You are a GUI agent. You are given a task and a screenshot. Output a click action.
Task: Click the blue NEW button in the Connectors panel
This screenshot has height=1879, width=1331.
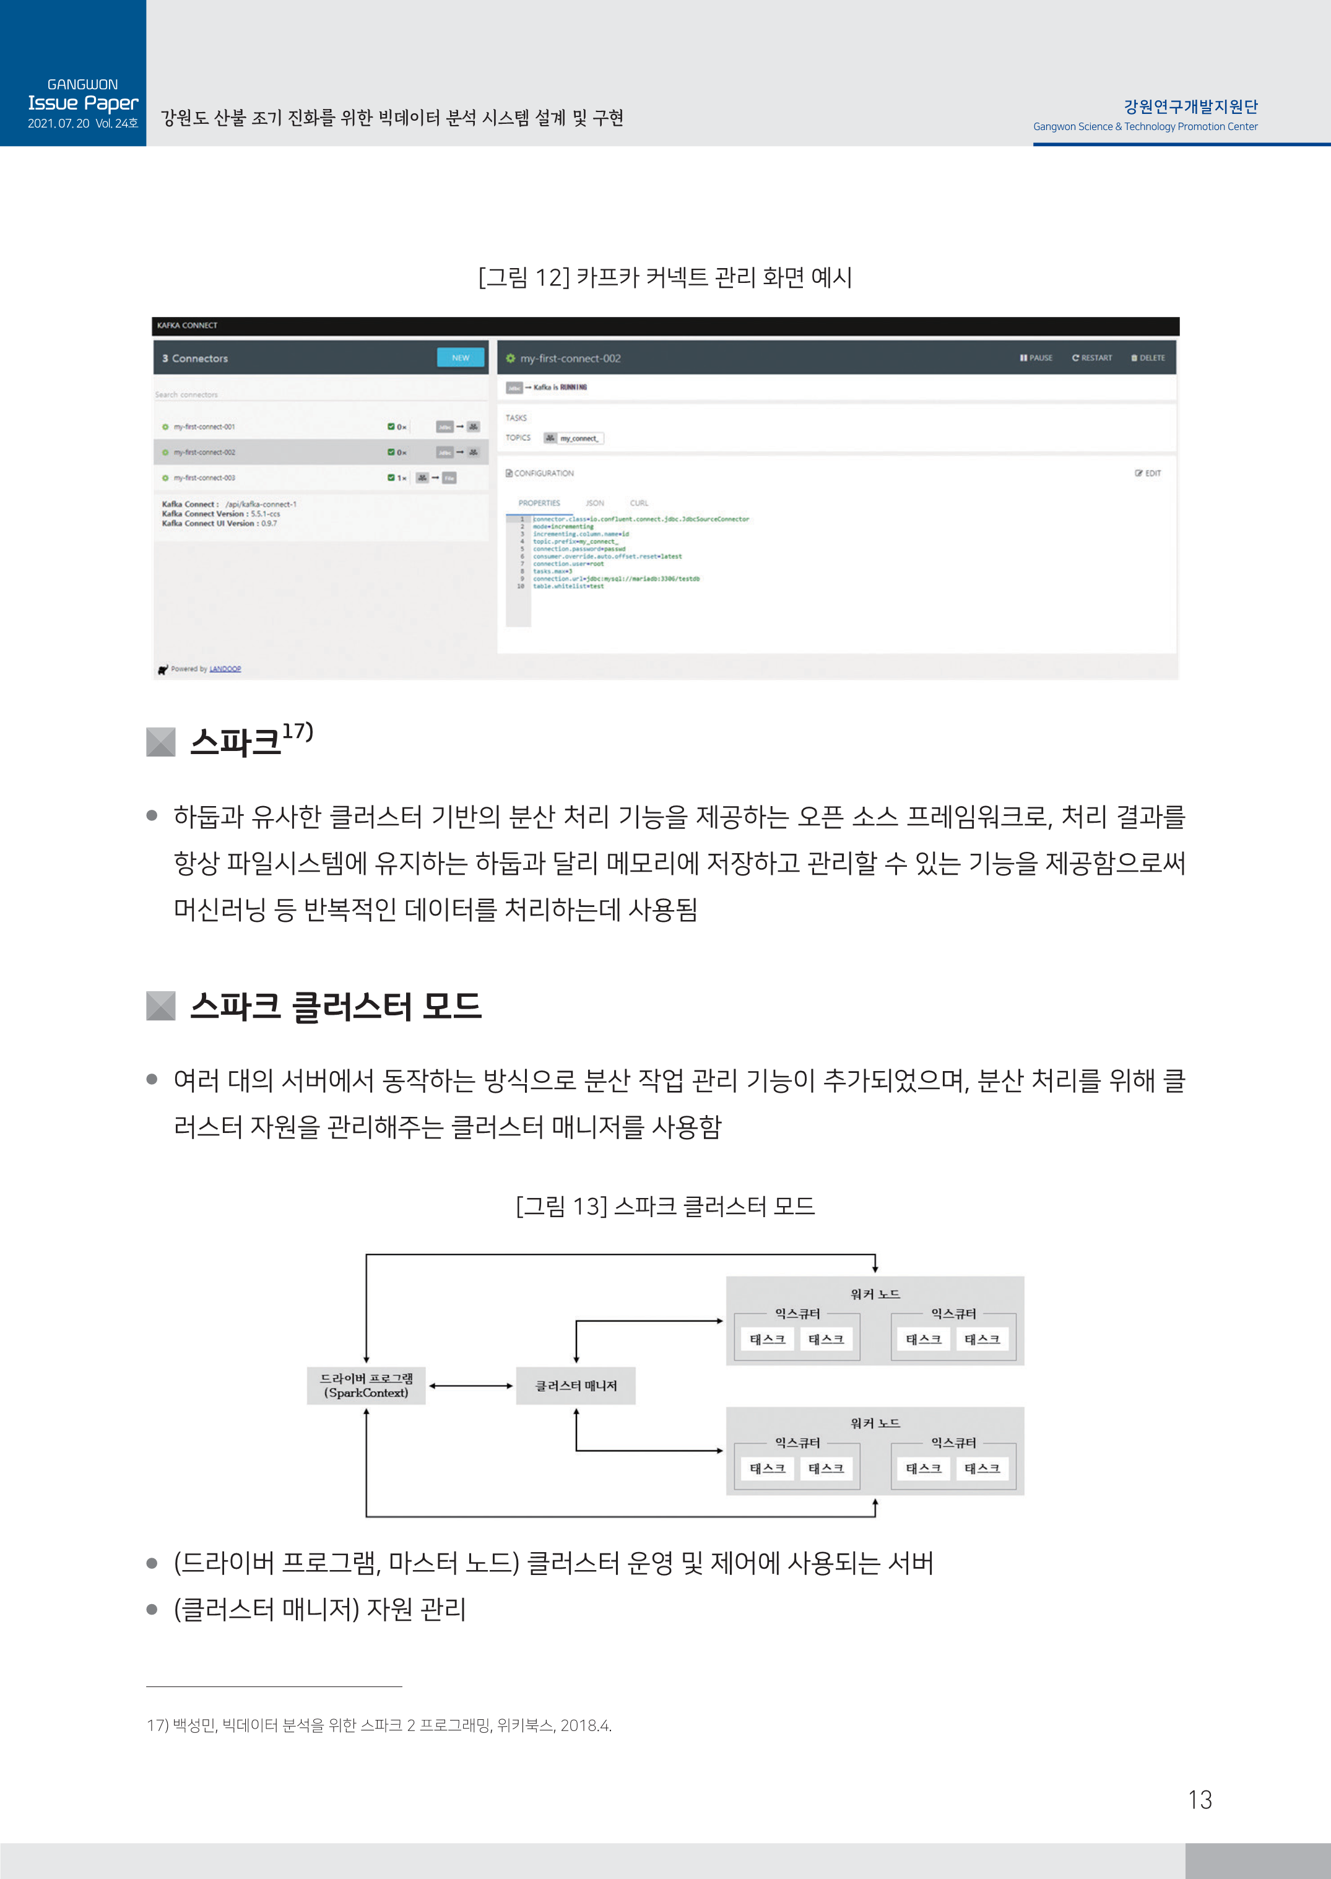(460, 358)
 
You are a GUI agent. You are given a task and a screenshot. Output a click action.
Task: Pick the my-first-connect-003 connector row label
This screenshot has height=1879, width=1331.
(204, 478)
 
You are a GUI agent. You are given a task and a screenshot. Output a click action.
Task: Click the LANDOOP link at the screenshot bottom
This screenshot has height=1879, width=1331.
(225, 669)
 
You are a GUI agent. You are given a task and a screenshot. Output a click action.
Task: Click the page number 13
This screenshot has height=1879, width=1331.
(1199, 1800)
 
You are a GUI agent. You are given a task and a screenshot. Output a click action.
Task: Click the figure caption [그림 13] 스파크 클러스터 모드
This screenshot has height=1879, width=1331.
(665, 1206)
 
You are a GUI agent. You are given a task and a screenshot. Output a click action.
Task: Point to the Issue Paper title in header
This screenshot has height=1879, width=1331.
(83, 103)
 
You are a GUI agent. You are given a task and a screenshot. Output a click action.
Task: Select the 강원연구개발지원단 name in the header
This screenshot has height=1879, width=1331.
(1190, 106)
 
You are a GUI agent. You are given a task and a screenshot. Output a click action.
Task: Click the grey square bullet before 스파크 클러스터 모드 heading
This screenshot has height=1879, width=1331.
(160, 1005)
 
